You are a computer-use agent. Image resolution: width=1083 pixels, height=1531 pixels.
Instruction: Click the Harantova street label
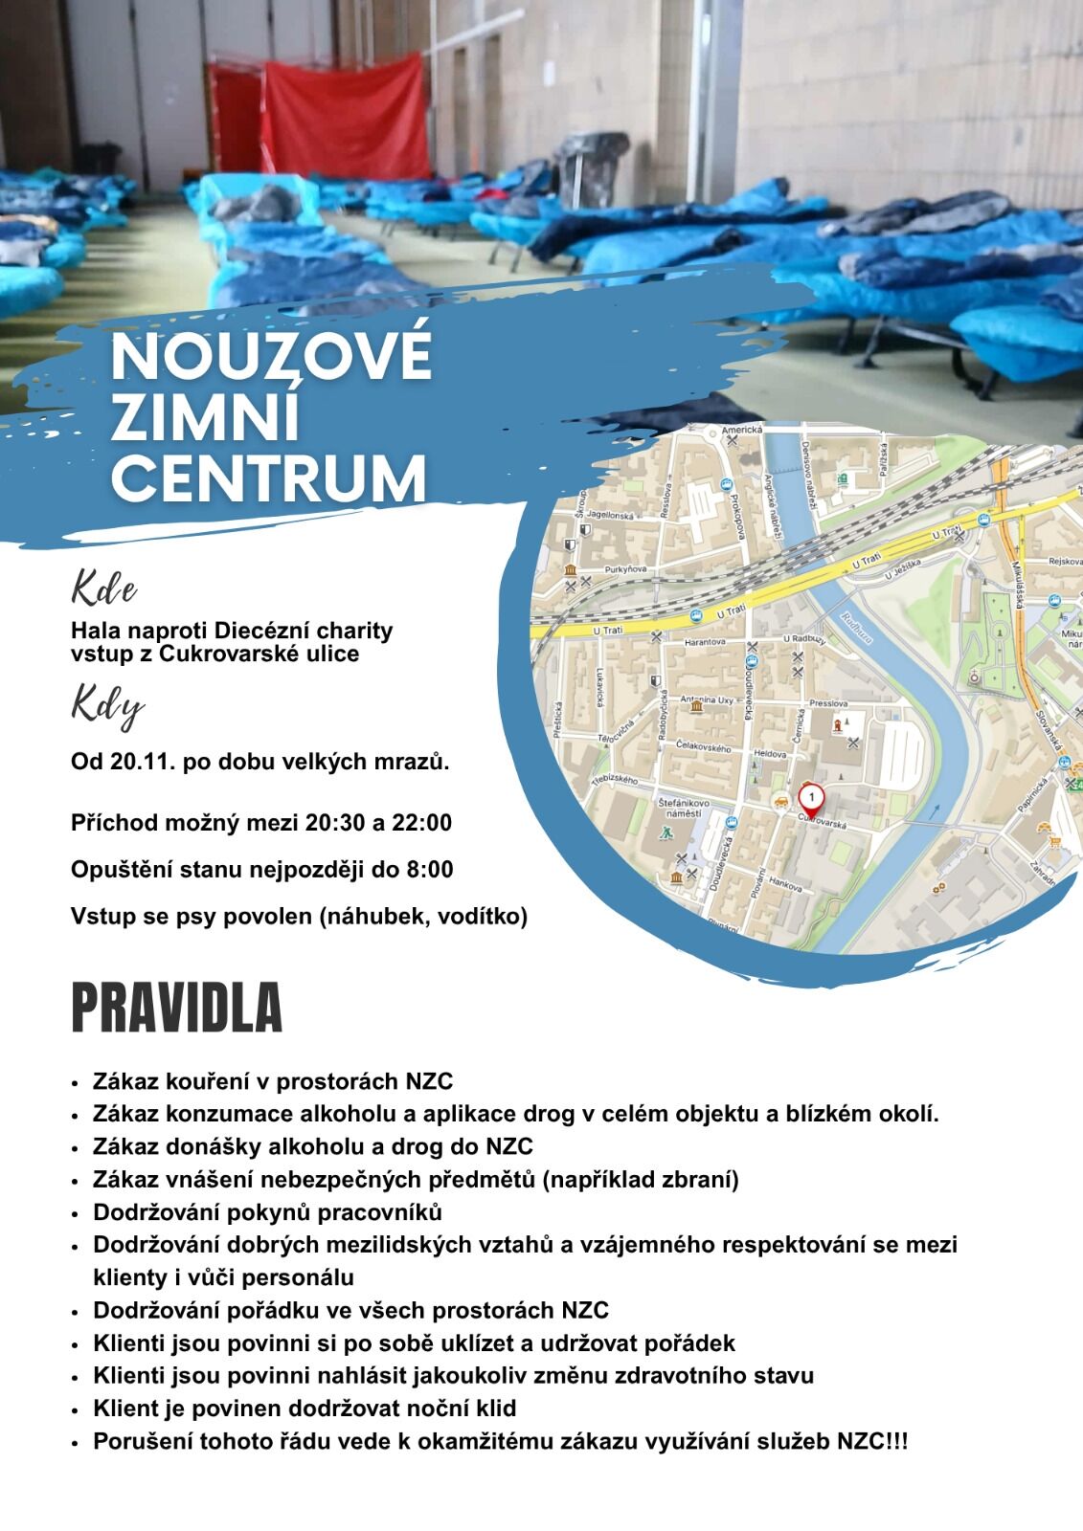706,642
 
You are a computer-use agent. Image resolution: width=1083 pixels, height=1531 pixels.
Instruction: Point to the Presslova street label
827,703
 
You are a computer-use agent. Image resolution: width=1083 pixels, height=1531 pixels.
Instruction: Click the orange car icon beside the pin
780,799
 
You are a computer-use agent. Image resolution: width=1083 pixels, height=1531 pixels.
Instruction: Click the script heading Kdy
107,708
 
